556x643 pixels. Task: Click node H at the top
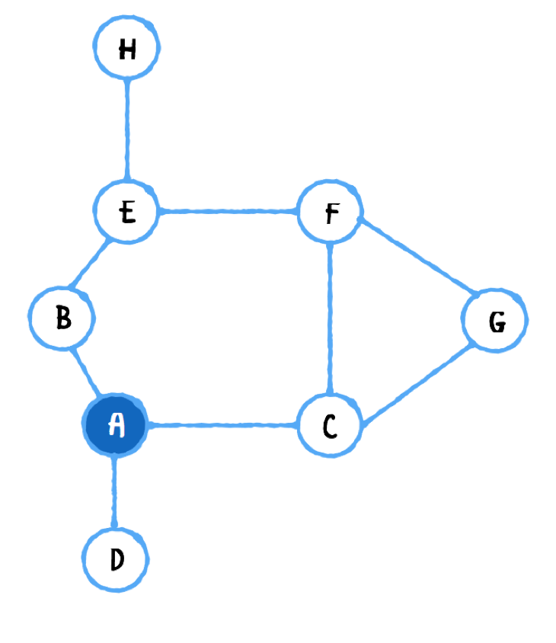point(126,49)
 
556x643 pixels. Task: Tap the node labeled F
point(329,213)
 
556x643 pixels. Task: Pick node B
point(62,318)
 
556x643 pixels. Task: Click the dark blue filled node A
point(114,425)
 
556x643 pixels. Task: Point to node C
point(329,426)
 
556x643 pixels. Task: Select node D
point(116,560)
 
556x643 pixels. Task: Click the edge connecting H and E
point(126,130)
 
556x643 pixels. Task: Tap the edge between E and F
point(228,211)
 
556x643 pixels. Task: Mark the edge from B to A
point(85,373)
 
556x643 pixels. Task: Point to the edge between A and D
point(115,492)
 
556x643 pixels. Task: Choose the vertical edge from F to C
point(329,319)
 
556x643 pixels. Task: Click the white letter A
point(115,425)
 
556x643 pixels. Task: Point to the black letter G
point(496,322)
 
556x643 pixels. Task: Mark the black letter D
point(117,560)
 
